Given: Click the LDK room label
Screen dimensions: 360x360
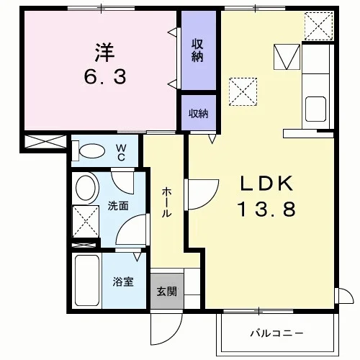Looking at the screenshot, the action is tap(267, 184).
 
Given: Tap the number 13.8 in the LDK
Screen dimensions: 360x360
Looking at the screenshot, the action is tap(266, 209).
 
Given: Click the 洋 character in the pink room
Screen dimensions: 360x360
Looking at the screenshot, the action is tap(105, 53).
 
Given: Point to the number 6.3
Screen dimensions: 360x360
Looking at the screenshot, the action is tap(105, 76).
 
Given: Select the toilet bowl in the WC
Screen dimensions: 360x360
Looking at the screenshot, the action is tap(92, 151).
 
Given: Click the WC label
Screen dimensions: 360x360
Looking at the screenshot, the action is tap(121, 153).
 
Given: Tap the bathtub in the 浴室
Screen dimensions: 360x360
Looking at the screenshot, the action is tap(87, 280).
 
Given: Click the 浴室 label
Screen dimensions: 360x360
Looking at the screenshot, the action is tap(123, 282).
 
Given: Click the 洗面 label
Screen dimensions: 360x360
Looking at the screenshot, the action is tap(118, 206).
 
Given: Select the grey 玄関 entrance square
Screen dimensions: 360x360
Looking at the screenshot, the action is tap(167, 291).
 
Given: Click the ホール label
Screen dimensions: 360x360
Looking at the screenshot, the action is tap(166, 203).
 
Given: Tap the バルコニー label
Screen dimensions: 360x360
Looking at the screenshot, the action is tap(276, 333).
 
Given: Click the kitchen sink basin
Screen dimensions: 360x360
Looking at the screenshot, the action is tap(315, 109).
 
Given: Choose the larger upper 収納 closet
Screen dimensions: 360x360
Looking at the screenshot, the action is tap(199, 50).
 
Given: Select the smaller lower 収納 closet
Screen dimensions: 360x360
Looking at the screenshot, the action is tap(199, 113).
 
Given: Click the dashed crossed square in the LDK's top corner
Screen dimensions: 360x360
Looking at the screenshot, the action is tap(318, 26).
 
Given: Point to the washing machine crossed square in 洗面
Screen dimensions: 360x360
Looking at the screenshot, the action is tap(86, 221).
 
